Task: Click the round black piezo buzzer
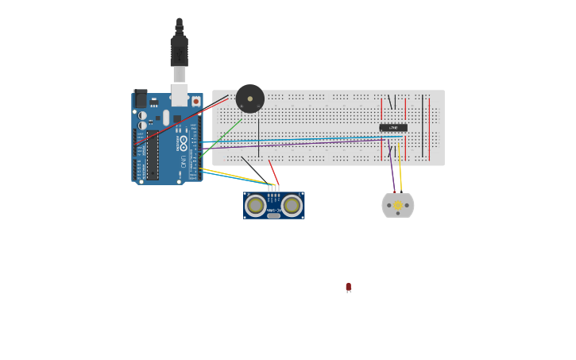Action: click(249, 99)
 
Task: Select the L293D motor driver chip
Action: click(393, 127)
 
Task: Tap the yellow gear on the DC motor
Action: click(398, 206)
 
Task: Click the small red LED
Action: click(348, 287)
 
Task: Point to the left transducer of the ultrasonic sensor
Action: click(256, 206)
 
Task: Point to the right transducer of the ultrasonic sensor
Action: click(292, 206)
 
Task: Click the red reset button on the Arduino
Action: click(195, 102)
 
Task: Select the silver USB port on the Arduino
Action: click(180, 95)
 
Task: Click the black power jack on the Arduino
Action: click(141, 99)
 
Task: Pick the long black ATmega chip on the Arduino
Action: click(152, 154)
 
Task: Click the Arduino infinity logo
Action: click(183, 144)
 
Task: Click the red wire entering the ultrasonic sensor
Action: click(273, 172)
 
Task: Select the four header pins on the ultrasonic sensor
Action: click(273, 189)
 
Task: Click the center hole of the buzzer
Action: click(249, 99)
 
